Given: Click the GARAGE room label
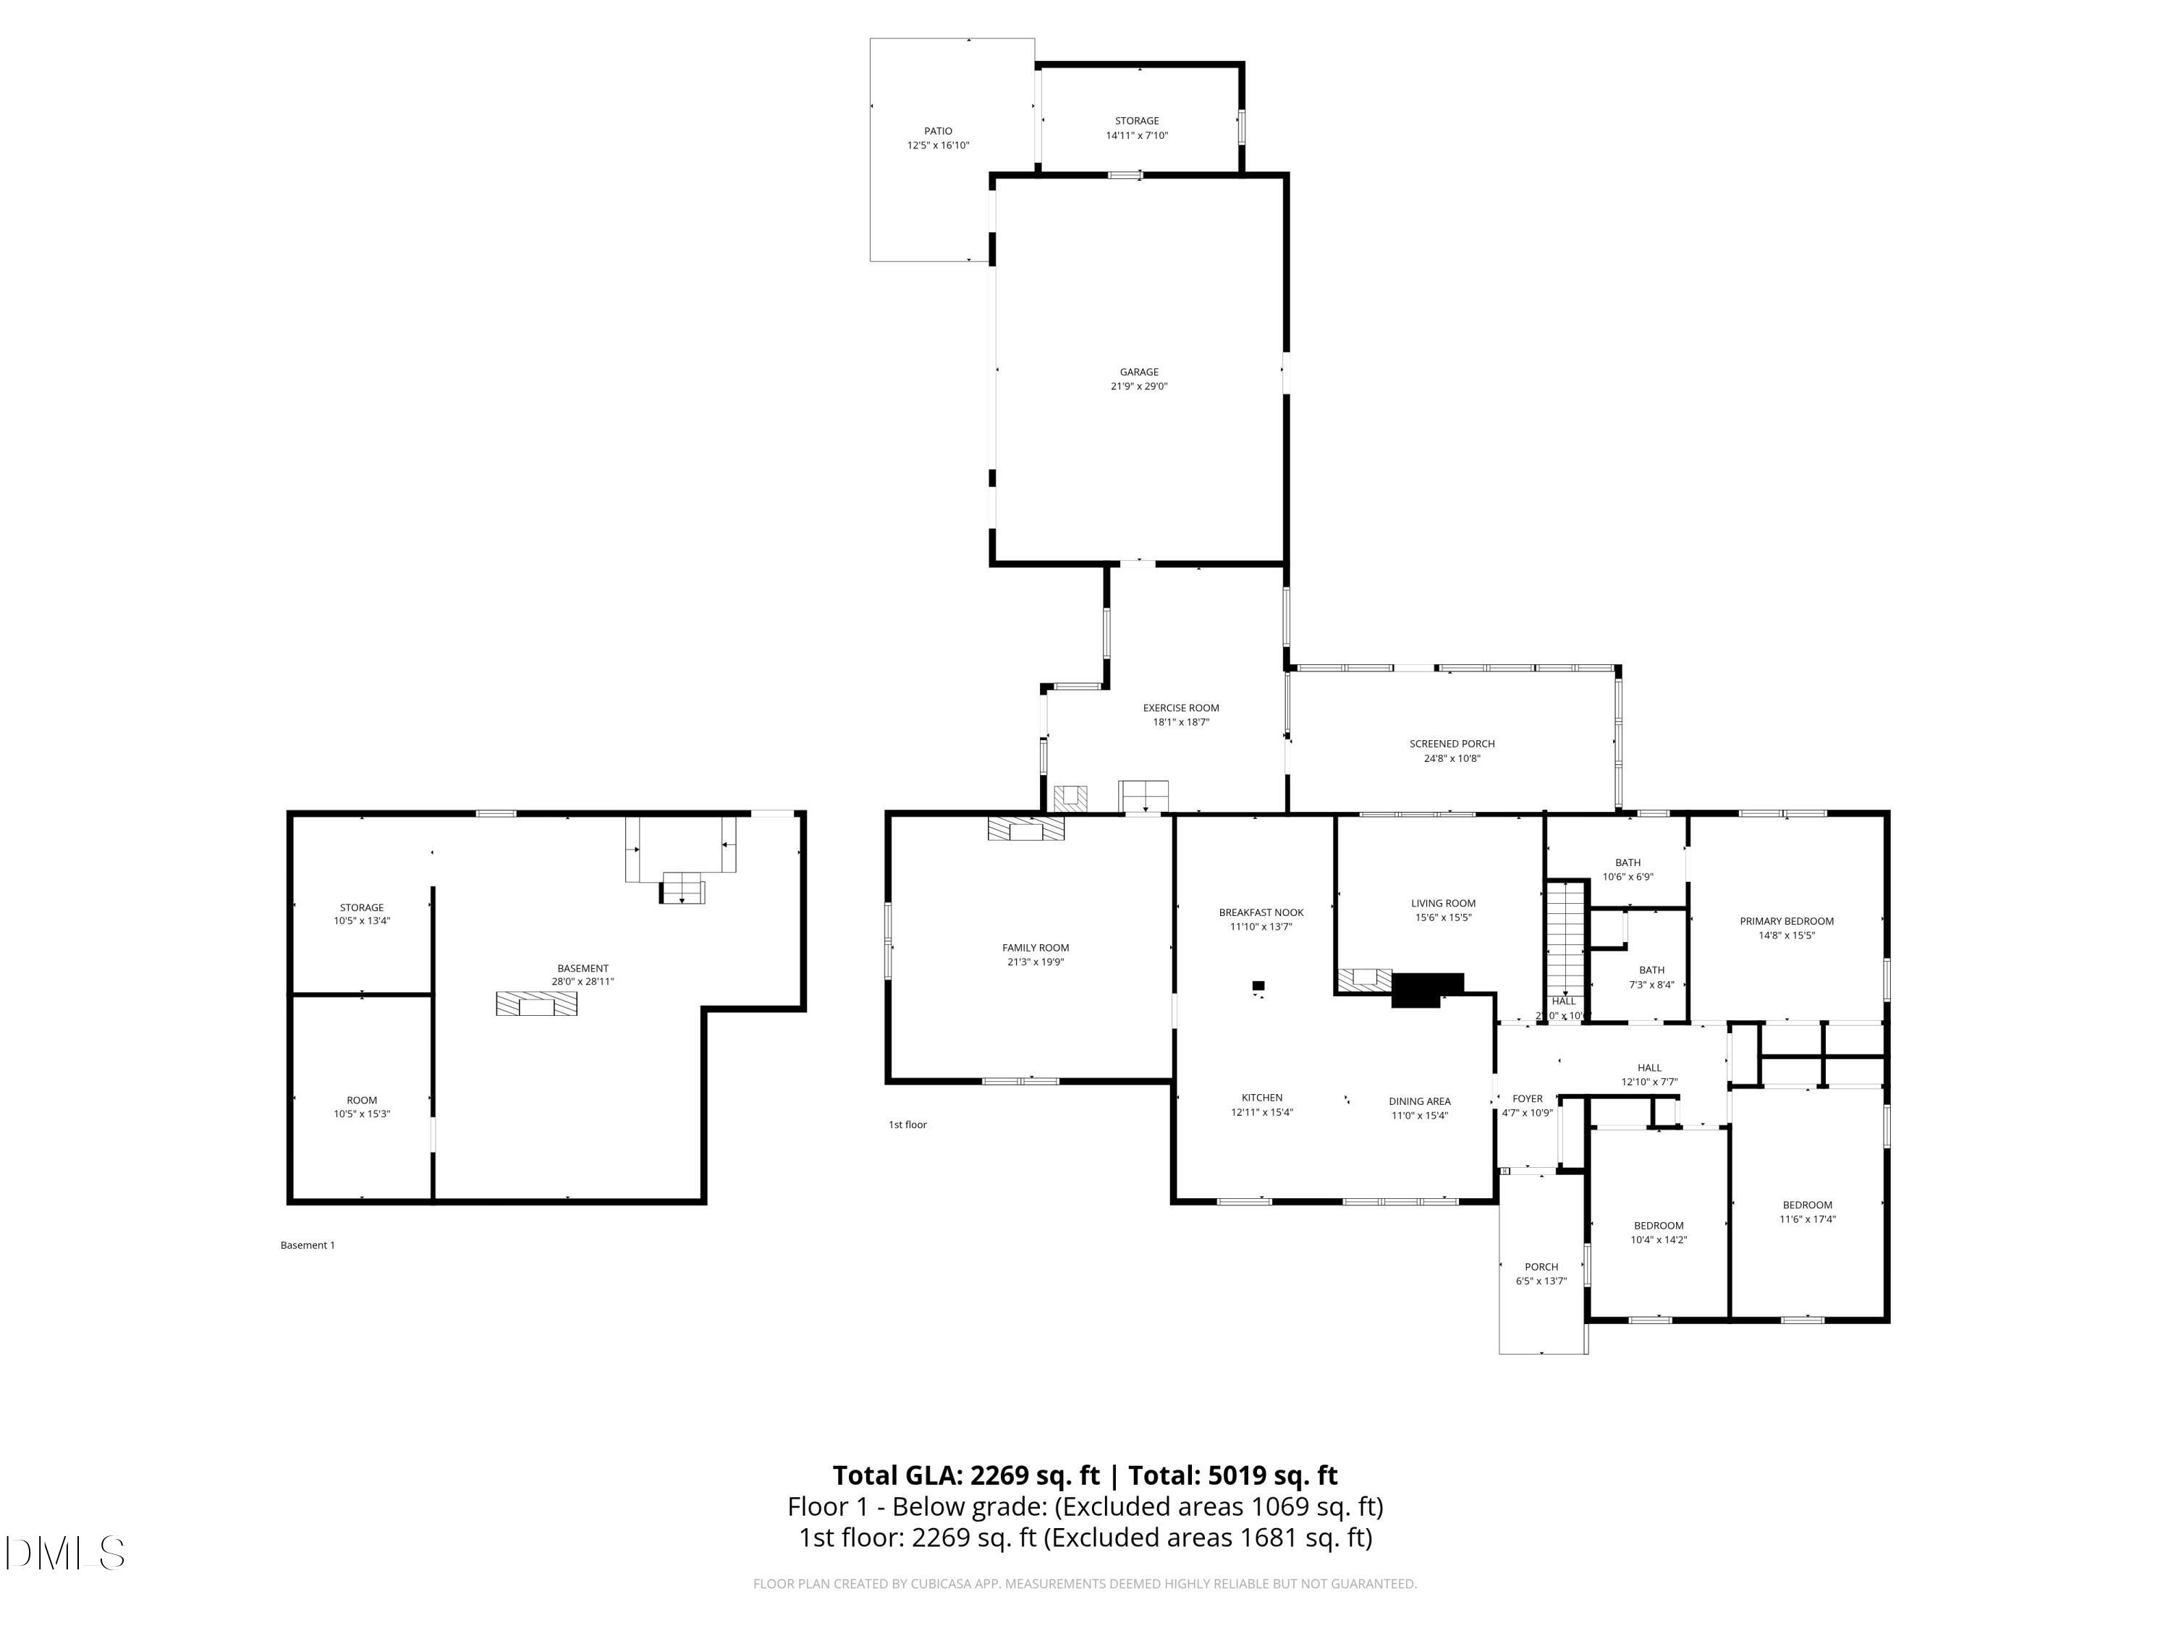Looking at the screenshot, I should pos(1138,372).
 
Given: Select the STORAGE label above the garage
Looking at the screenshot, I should pos(1137,121).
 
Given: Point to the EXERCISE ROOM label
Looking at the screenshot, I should pos(1181,708).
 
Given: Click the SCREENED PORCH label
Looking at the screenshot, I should pos(1452,744).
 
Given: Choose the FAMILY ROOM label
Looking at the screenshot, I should pos(1036,948).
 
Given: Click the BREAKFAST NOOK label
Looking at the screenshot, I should pos(1261,912).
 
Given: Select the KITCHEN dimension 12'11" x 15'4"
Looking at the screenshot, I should pos(1261,1113).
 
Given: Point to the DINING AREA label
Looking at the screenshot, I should pos(1419,1101).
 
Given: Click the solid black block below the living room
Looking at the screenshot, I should pos(1426,988).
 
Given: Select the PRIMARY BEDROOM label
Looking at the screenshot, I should pos(1786,922).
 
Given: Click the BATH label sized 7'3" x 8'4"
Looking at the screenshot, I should pos(1652,970).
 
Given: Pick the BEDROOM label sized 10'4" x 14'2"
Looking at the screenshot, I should pos(1659,1226).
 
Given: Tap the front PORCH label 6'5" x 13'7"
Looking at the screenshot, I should pos(1541,1267).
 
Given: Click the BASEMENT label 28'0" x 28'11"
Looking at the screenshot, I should pos(583,969).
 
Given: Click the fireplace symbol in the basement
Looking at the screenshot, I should pos(536,1004).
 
